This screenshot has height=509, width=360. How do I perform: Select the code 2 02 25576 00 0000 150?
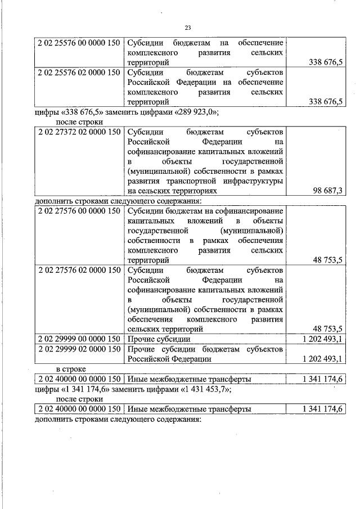tap(79, 42)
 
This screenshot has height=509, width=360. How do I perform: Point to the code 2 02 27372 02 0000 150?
tap(79, 132)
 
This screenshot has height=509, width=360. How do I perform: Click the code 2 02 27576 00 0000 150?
tap(79, 210)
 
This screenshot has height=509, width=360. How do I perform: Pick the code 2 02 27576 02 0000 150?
tap(79, 269)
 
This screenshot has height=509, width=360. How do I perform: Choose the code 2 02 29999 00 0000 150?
tap(79, 339)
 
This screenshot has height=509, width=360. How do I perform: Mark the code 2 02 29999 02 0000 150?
tap(79, 349)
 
